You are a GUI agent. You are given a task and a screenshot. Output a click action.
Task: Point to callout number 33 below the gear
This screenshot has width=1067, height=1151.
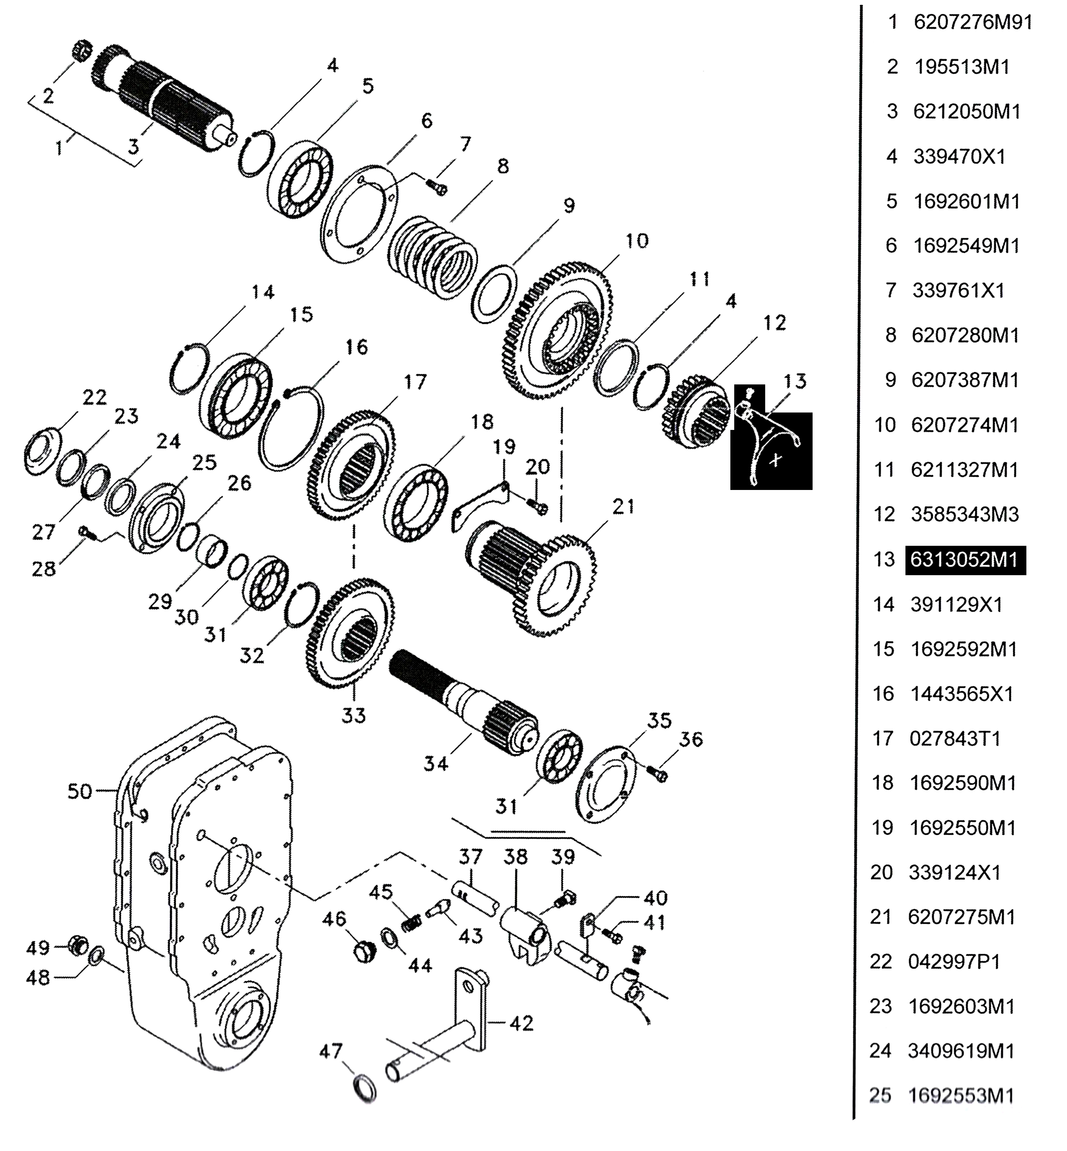pyautogui.click(x=353, y=715)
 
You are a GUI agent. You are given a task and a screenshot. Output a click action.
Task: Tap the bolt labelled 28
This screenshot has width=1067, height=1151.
pyautogui.click(x=86, y=530)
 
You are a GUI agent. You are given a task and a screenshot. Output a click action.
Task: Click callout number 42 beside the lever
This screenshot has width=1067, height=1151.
pyautogui.click(x=521, y=1024)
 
